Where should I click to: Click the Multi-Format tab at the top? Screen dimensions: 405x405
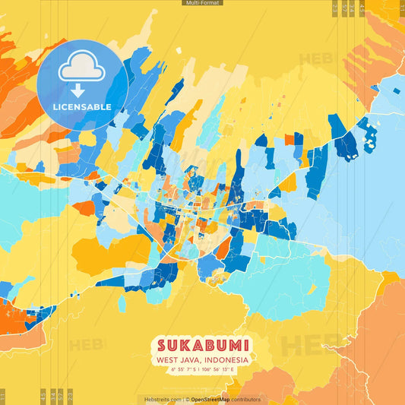click(x=202, y=3)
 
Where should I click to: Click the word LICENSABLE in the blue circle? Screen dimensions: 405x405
click(x=82, y=106)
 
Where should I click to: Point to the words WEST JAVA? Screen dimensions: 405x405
click(x=176, y=360)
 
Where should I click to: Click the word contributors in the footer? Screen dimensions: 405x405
click(x=245, y=399)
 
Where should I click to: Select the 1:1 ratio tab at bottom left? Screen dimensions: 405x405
click(x=3, y=396)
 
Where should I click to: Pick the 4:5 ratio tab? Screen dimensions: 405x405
click(x=43, y=396)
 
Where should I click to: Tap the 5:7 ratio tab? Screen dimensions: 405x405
click(x=60, y=396)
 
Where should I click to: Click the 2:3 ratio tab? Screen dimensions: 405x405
click(x=69, y=396)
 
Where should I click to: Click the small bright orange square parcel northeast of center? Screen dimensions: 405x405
click(x=290, y=139)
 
